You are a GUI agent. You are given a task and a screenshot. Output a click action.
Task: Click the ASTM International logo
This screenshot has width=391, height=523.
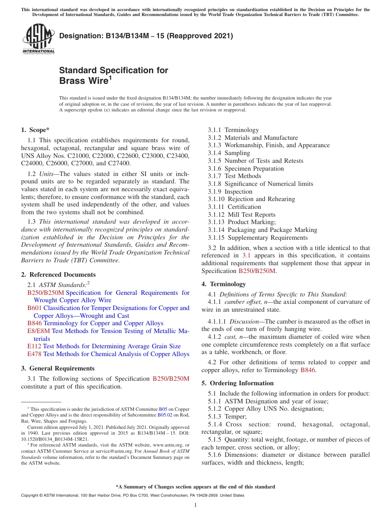(x=38, y=39)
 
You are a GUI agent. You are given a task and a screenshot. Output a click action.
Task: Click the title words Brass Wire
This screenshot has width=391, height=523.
(x=84, y=81)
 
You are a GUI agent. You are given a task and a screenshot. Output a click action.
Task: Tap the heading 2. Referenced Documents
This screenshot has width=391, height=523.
(x=58, y=275)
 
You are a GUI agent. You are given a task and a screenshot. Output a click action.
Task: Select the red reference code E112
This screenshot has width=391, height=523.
(x=34, y=346)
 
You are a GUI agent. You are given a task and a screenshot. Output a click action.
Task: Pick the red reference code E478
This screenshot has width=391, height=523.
(x=34, y=354)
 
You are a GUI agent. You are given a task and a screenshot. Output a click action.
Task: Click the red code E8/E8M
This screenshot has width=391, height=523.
(x=39, y=331)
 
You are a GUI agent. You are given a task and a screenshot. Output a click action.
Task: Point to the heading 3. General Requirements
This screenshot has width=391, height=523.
(x=58, y=368)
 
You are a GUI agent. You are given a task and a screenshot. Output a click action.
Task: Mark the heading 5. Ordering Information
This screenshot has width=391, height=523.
(x=237, y=383)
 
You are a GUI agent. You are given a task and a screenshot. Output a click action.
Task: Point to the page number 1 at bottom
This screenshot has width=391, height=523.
(x=195, y=505)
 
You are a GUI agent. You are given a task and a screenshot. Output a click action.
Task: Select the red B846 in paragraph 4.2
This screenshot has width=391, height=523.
(x=308, y=370)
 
